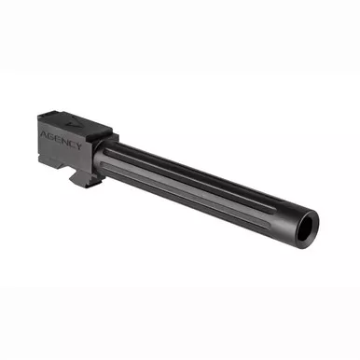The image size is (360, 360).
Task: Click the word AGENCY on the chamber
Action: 62,140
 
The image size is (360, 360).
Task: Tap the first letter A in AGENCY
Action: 44,134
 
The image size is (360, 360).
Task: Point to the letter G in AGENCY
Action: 51,136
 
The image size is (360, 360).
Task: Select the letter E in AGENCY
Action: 58,139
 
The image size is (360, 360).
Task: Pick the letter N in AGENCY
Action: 65,141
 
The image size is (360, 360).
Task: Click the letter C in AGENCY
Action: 72,143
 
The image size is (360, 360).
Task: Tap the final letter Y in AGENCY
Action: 79,145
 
